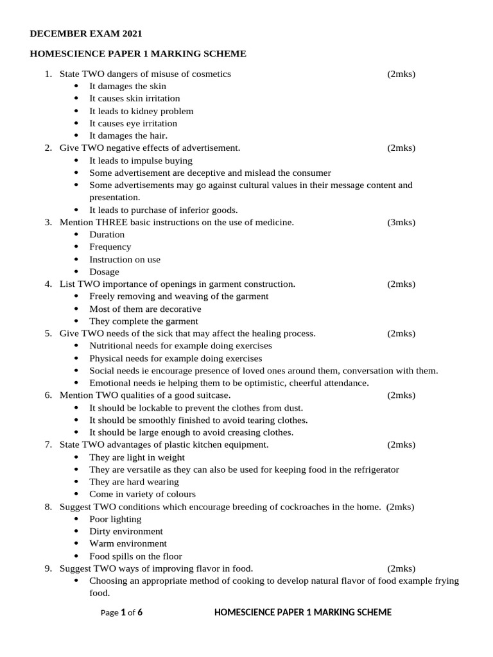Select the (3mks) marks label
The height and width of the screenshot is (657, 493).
pyautogui.click(x=401, y=222)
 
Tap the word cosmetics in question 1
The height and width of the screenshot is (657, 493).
pyautogui.click(x=210, y=74)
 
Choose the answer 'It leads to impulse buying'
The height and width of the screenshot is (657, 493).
pyautogui.click(x=141, y=160)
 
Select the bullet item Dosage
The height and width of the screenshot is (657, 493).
pyautogui.click(x=104, y=271)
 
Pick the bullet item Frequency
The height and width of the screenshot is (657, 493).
pyautogui.click(x=110, y=247)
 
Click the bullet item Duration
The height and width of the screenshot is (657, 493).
pyautogui.click(x=107, y=234)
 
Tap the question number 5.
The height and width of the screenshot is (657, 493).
pyautogui.click(x=48, y=334)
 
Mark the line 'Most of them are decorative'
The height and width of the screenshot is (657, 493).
pyautogui.click(x=145, y=309)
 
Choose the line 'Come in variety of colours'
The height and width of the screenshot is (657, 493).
pyautogui.click(x=143, y=494)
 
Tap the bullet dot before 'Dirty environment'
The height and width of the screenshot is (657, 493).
pyautogui.click(x=76, y=531)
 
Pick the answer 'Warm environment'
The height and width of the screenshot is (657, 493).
pyautogui.click(x=128, y=543)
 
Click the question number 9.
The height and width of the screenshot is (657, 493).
pyautogui.click(x=48, y=568)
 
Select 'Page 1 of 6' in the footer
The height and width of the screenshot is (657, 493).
pyautogui.click(x=122, y=613)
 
